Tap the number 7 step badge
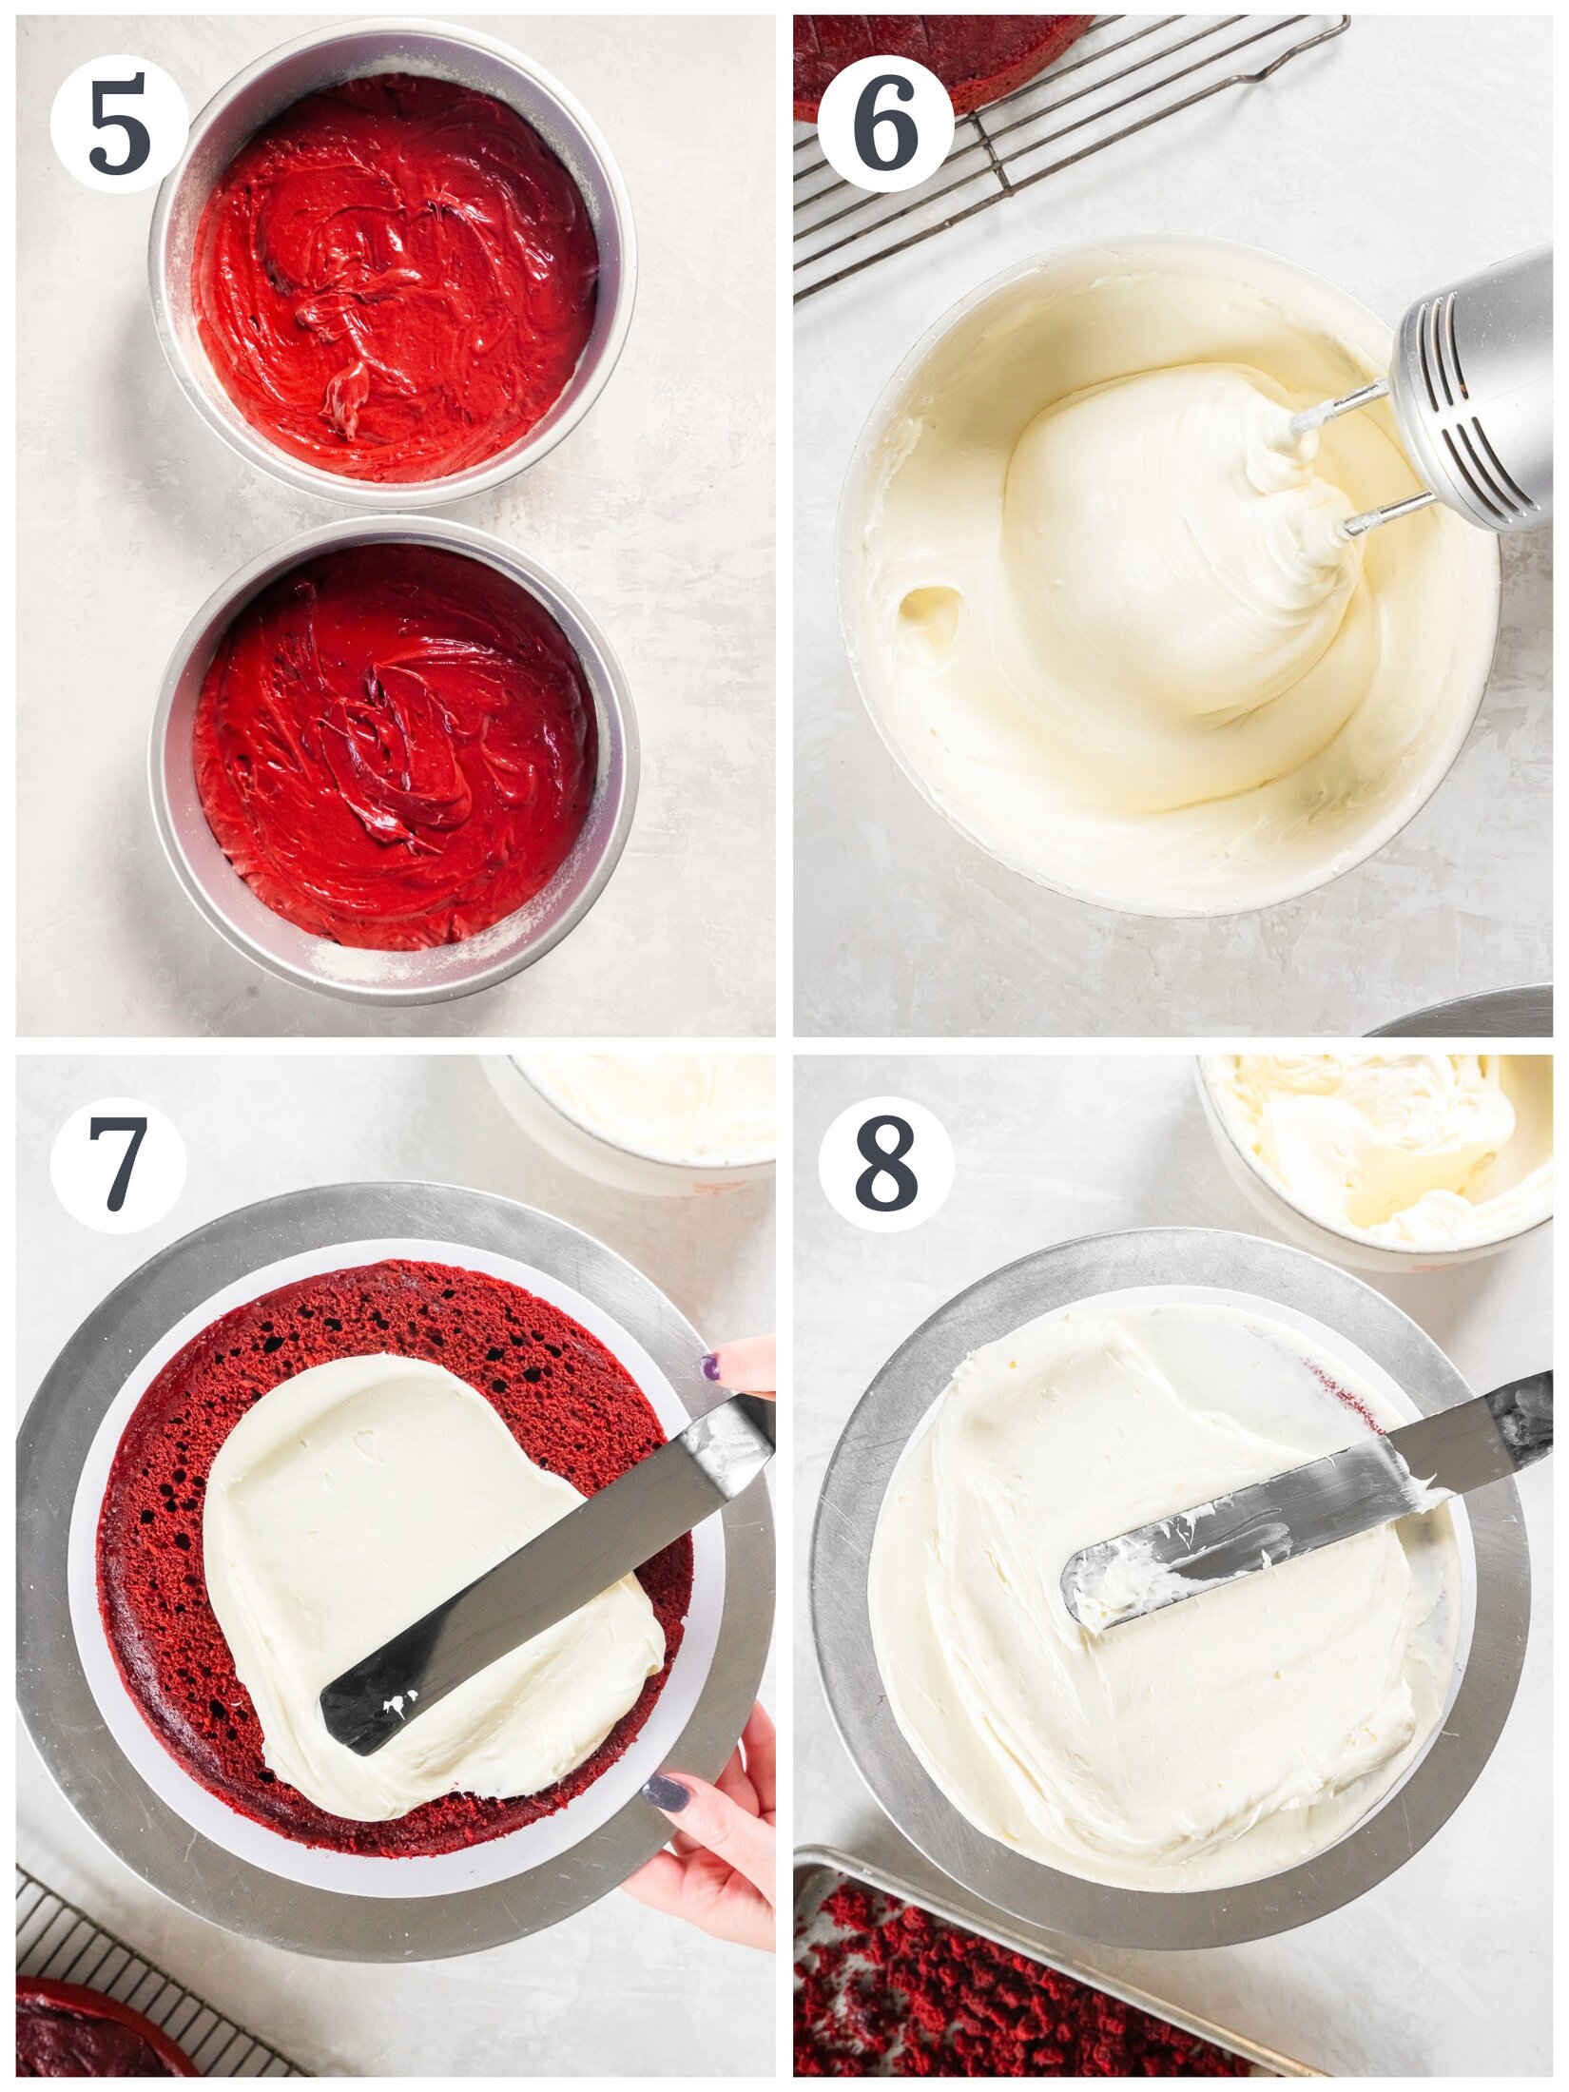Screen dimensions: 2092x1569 (x=119, y=1164)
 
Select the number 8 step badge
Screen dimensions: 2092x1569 (x=885, y=1164)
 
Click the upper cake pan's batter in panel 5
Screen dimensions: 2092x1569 (x=395, y=276)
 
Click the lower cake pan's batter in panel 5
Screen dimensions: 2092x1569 (x=395, y=746)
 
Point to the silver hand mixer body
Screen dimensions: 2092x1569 (x=1483, y=399)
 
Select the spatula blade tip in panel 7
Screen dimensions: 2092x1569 (x=352, y=1712)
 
